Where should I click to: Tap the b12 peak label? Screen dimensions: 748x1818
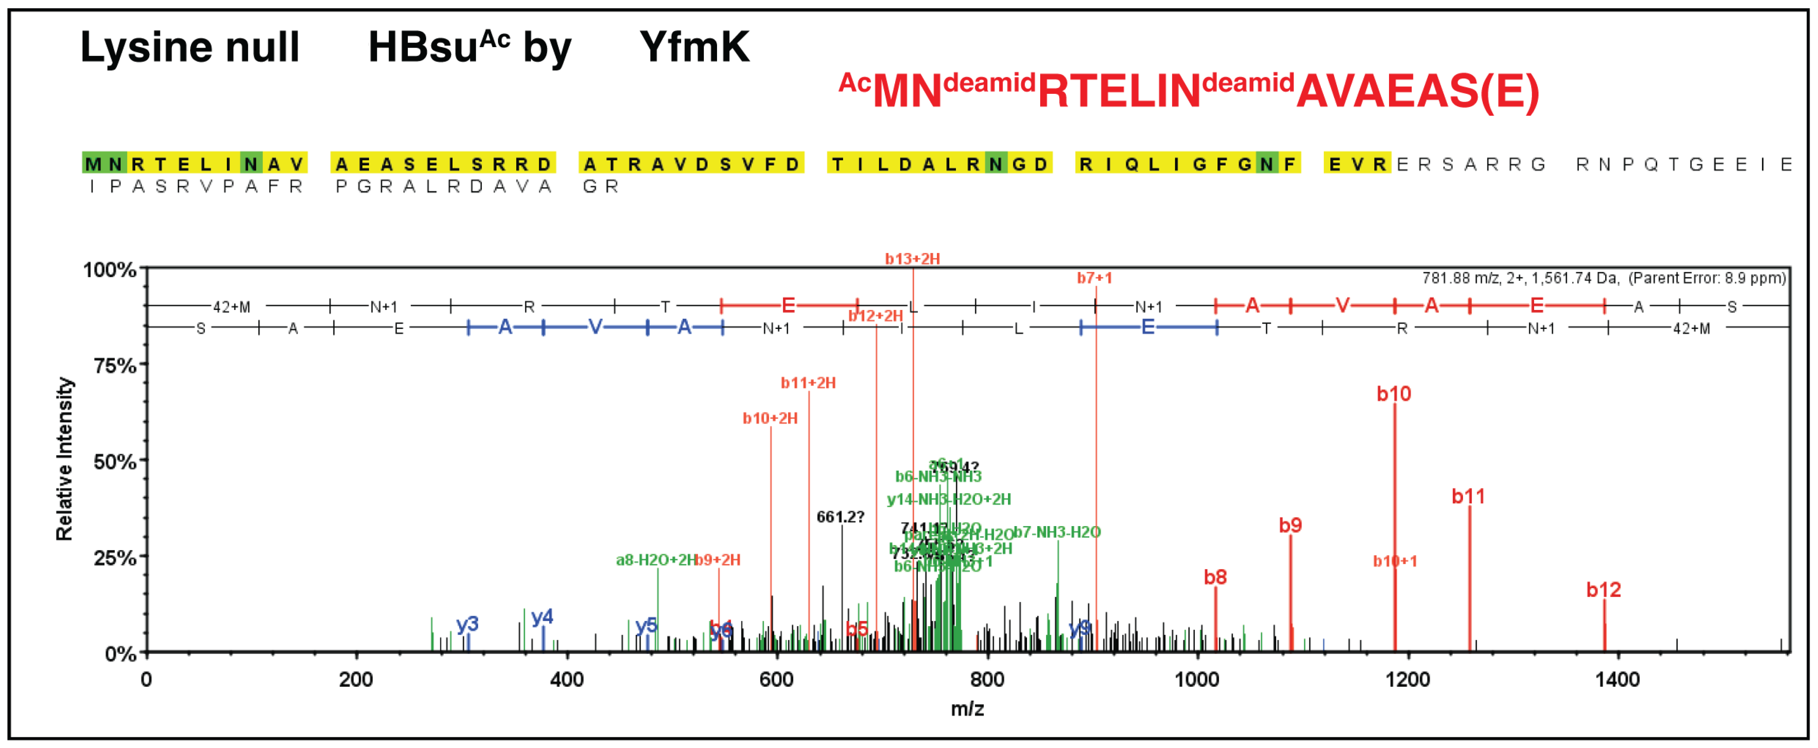coord(1604,590)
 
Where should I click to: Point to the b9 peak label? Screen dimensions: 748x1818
coord(1290,526)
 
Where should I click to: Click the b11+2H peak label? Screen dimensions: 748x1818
coord(808,383)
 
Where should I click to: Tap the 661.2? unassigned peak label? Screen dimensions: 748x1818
coord(840,517)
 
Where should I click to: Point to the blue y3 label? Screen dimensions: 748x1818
coord(467,624)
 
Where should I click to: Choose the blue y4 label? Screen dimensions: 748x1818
coord(542,617)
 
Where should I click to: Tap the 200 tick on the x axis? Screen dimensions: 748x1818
coord(356,680)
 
